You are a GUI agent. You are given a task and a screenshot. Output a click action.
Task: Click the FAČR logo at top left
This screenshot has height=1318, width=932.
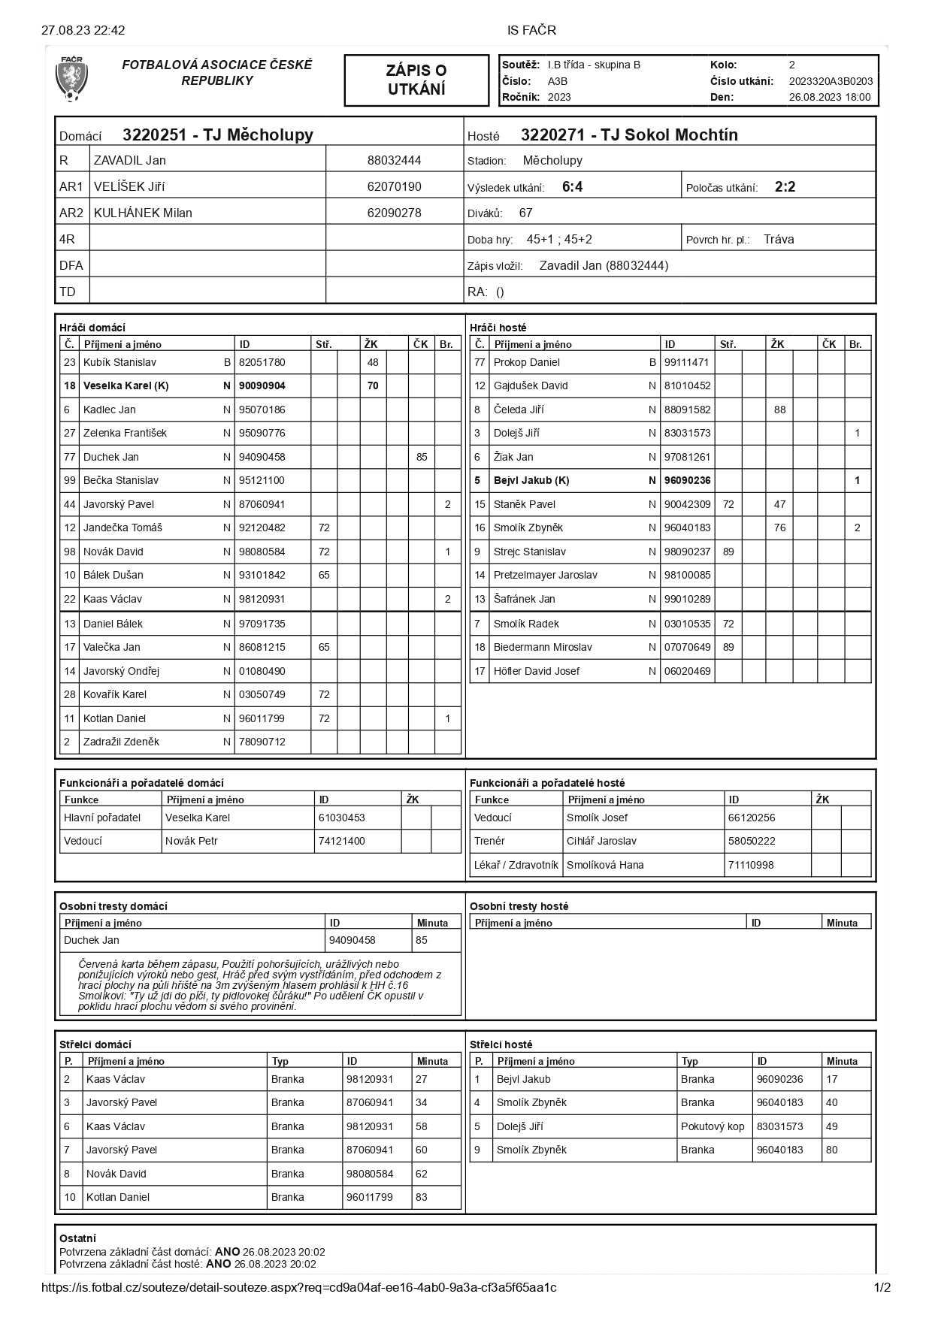71,79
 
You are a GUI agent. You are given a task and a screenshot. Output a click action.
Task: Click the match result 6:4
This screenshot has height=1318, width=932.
572,187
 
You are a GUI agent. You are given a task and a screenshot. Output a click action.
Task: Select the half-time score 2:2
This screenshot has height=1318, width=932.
785,187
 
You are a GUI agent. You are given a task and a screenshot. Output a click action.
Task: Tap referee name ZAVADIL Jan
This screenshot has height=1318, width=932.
129,160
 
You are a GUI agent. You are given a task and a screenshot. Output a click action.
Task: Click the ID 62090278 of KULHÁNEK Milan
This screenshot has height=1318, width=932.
394,213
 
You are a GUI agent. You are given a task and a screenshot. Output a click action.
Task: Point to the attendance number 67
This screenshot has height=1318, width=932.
525,213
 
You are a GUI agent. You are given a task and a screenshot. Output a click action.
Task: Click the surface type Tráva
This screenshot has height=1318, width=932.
779,240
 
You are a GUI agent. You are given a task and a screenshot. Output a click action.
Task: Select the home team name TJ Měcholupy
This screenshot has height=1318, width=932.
217,135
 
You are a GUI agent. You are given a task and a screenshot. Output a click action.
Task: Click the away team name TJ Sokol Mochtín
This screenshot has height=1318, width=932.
629,135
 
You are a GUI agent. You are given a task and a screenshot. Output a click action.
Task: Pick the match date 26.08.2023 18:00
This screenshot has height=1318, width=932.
830,97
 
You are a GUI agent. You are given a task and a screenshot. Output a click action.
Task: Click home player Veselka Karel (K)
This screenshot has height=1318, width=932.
126,385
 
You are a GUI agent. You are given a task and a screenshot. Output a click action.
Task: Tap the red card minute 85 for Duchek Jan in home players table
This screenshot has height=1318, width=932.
422,457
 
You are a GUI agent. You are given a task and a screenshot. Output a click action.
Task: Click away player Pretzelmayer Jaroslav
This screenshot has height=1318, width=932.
545,575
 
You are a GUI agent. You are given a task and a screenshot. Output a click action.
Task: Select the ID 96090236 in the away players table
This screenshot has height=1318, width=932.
687,480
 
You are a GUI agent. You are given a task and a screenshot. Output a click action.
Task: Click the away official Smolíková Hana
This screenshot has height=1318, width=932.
605,865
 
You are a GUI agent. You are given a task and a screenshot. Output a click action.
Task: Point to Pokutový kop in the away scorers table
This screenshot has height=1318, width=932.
713,1126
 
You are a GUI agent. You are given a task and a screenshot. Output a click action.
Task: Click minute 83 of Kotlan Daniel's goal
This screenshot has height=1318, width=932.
422,1197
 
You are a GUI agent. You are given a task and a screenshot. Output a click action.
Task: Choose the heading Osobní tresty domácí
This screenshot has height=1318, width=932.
113,906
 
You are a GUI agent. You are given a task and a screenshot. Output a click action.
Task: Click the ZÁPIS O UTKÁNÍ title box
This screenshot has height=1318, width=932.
416,80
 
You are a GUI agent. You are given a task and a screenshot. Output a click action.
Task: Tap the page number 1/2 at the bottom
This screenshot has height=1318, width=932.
882,1287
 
